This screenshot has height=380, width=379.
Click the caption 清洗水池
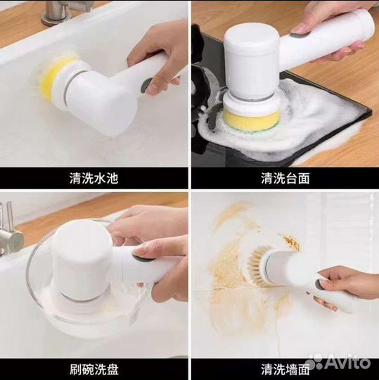coord(94,178)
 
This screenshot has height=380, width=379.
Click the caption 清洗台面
coord(285,178)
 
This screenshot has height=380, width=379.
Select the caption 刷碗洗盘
coord(94,369)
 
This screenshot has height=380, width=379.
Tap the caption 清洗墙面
coord(285,369)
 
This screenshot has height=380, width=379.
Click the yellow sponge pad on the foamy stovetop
coord(252,119)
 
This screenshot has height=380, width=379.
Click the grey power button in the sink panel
coord(146,85)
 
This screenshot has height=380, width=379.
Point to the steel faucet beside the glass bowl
coord(10,233)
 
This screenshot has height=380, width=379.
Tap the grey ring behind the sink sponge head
coord(67,89)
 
